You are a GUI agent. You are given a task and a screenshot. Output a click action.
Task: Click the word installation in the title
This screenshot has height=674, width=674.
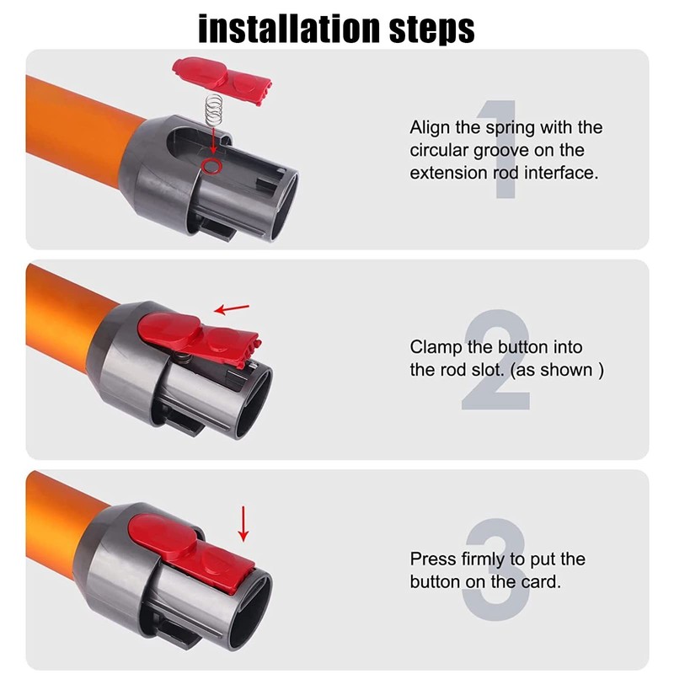point(289,29)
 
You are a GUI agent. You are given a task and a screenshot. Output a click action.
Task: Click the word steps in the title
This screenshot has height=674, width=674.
point(431,30)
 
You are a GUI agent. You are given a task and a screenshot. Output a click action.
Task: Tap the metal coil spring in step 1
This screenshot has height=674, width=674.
point(213,110)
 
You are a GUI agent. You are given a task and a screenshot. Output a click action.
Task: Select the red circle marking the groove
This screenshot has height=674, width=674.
point(211,165)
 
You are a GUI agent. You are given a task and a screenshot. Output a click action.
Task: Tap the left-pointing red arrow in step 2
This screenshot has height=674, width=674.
point(232,309)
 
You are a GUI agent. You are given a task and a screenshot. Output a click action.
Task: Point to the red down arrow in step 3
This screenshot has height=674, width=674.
point(243,523)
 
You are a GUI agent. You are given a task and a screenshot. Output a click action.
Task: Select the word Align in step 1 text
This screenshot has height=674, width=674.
point(430,128)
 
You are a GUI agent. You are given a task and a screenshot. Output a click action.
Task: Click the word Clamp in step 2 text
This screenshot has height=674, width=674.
point(436,348)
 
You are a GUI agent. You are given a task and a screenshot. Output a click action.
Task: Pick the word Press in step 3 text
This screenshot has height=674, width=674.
point(433,559)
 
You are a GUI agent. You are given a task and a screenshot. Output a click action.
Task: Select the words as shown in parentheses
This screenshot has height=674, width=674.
point(557,370)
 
